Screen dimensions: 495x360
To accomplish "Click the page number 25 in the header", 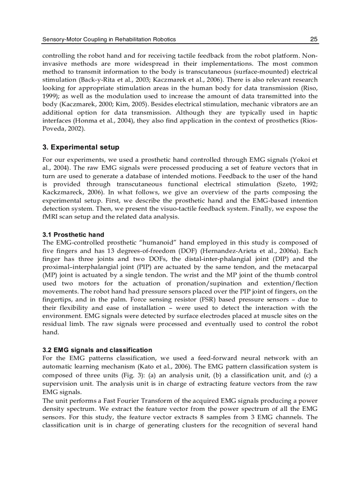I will click(x=314, y=39).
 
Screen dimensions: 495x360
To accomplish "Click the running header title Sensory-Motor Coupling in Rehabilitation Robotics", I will click(x=109, y=39).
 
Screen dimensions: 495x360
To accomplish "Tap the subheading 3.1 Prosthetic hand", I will click(x=73, y=234).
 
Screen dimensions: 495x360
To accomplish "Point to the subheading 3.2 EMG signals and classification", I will click(x=97, y=350).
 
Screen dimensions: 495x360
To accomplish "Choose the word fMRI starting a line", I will click(x=50, y=217).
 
